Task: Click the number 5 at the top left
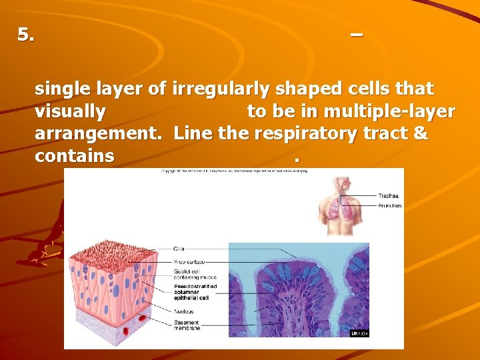26,35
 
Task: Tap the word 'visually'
70,111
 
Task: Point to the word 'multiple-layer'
398,111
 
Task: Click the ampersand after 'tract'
421,134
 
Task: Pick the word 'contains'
75,157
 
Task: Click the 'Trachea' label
388,196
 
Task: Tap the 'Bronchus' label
389,206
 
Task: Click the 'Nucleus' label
184,311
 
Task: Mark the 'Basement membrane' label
187,326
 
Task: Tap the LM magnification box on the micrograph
359,333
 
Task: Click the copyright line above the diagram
234,172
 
